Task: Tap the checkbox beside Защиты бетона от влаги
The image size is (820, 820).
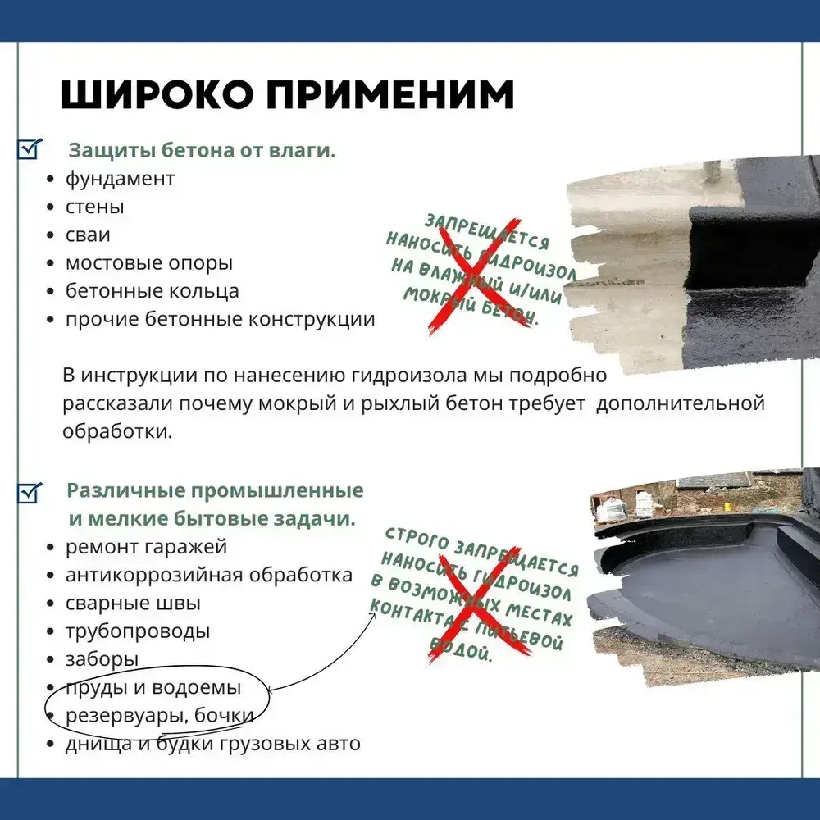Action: pyautogui.click(x=30, y=149)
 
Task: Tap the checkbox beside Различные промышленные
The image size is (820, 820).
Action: pyautogui.click(x=30, y=492)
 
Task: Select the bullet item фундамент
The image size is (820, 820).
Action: pyautogui.click(x=120, y=179)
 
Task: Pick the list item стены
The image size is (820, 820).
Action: pyautogui.click(x=94, y=207)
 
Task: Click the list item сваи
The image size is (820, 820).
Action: pyautogui.click(x=88, y=235)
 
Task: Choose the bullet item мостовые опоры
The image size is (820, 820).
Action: pyautogui.click(x=148, y=263)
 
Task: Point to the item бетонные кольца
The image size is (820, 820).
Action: pyautogui.click(x=152, y=291)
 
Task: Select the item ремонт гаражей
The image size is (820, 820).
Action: pyautogui.click(x=146, y=546)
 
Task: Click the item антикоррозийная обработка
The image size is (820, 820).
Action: pyautogui.click(x=208, y=575)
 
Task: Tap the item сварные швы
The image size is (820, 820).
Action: pyautogui.click(x=133, y=604)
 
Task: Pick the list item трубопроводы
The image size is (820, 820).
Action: pyautogui.click(x=138, y=631)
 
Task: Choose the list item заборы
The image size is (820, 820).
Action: pyautogui.click(x=102, y=659)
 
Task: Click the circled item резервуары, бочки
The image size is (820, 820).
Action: pyautogui.click(x=158, y=715)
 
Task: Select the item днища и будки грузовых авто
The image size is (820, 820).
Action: pyautogui.click(x=212, y=744)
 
